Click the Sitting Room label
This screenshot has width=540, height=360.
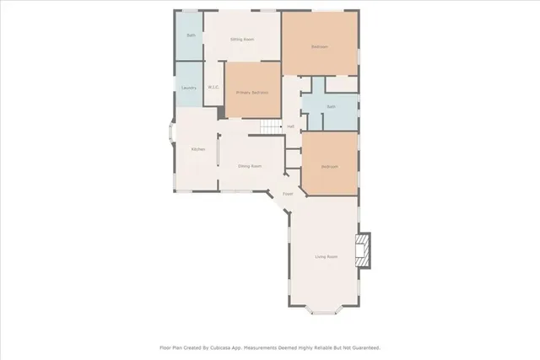pyautogui.click(x=243, y=39)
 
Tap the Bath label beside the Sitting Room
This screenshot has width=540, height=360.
pyautogui.click(x=191, y=35)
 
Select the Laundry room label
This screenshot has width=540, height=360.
pyautogui.click(x=189, y=88)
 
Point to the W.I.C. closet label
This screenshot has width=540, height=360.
pyautogui.click(x=213, y=88)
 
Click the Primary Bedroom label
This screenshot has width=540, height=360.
pyautogui.click(x=252, y=92)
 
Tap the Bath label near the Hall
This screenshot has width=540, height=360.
pyautogui.click(x=331, y=107)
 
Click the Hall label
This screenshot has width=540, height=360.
pyautogui.click(x=290, y=126)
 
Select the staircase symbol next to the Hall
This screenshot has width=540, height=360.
pyautogui.click(x=269, y=126)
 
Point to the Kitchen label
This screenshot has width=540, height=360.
pyautogui.click(x=197, y=149)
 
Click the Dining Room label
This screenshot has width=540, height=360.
pyautogui.click(x=250, y=166)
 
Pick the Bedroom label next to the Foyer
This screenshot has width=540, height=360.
pyautogui.click(x=329, y=166)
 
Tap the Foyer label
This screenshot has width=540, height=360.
pyautogui.click(x=288, y=193)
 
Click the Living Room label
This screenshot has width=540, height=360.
pyautogui.click(x=326, y=256)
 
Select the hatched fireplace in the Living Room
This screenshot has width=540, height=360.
pyautogui.click(x=363, y=250)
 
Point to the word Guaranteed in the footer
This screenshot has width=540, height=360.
pyautogui.click(x=364, y=347)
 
